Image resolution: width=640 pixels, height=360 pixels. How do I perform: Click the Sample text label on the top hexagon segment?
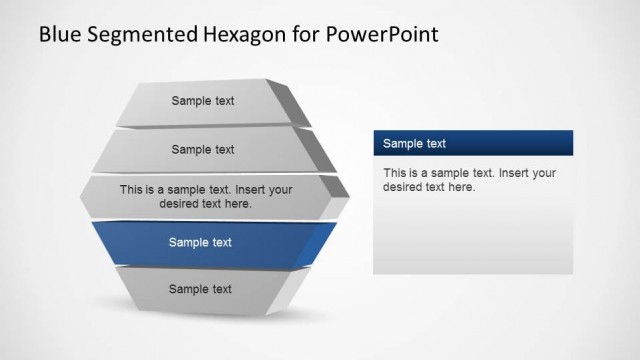point(203,100)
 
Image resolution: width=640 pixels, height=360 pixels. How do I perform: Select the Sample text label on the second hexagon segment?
point(203,150)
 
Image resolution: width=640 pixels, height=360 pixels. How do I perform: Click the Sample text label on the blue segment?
point(200,242)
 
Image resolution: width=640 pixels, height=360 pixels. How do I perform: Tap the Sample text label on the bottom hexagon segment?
point(200,289)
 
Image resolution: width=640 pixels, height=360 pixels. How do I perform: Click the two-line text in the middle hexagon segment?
point(205,195)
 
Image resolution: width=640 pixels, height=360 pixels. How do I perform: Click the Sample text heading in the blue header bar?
point(414,144)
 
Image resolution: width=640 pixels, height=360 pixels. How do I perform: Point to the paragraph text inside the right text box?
point(469,180)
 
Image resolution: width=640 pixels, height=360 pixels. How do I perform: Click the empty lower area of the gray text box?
point(472,240)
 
